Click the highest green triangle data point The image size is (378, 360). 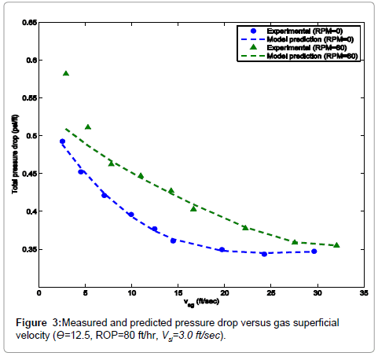click(66, 73)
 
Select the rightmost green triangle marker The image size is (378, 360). click(336, 244)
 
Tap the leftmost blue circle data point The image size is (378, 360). click(62, 141)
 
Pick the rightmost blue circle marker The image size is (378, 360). click(314, 252)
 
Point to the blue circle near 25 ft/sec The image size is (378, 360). click(264, 254)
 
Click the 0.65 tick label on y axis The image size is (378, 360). click(27, 23)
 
